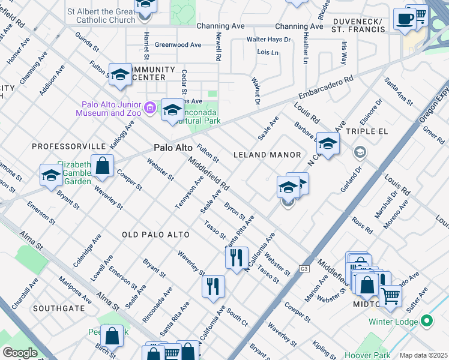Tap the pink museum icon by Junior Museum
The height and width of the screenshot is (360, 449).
(x=150, y=109)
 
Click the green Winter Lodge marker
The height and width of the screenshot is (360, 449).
(x=427, y=321)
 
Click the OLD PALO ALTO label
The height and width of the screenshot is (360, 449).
(x=155, y=234)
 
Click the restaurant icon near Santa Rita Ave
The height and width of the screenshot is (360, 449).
(x=237, y=257)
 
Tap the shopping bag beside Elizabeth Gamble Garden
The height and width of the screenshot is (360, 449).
(x=103, y=166)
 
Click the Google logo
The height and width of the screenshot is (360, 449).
(x=19, y=352)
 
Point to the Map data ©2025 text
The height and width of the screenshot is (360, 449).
(x=423, y=355)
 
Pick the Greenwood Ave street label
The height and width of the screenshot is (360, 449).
(x=178, y=45)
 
